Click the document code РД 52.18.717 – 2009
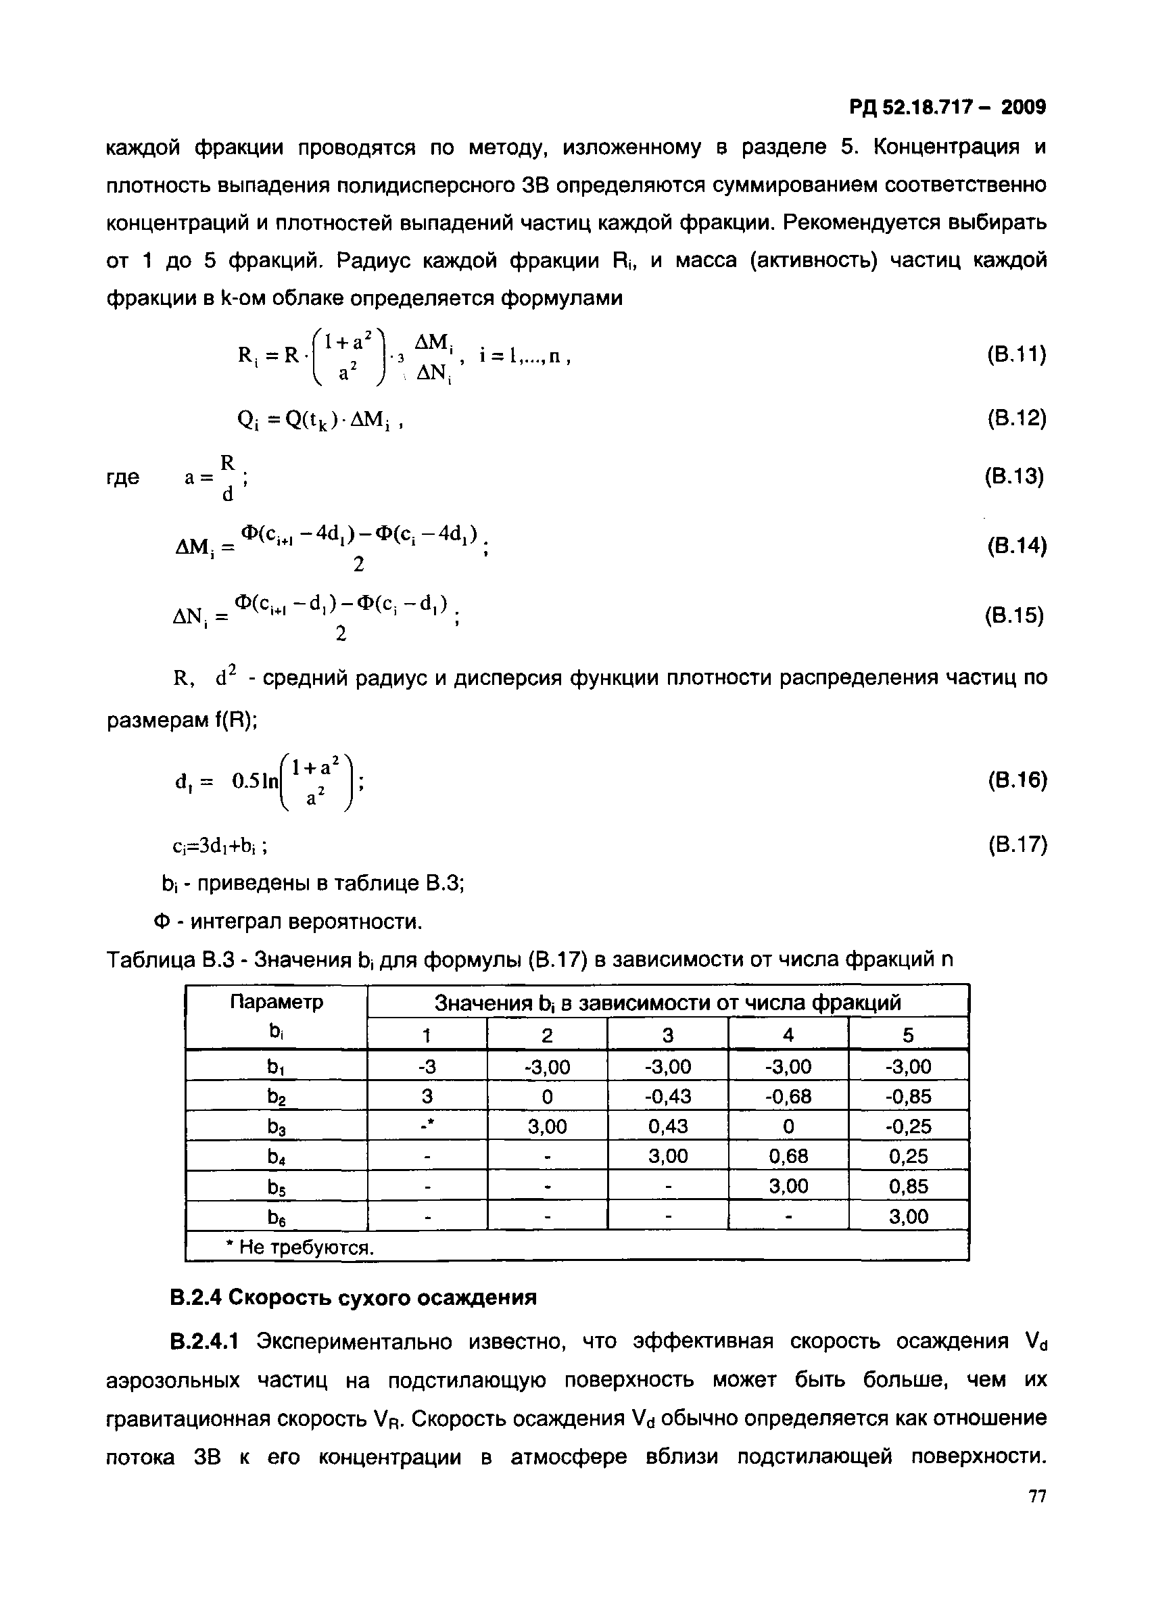point(947,107)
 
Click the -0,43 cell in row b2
point(667,1097)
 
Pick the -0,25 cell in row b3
point(908,1126)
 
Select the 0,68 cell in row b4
point(788,1156)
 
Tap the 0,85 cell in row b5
point(908,1187)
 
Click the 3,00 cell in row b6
point(908,1217)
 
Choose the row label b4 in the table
point(277,1157)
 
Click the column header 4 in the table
point(788,1035)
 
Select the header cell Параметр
point(277,1002)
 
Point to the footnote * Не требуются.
point(300,1247)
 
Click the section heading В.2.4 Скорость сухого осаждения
point(354,1297)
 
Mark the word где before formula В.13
point(123,477)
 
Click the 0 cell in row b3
point(788,1126)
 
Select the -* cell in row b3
point(427,1126)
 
